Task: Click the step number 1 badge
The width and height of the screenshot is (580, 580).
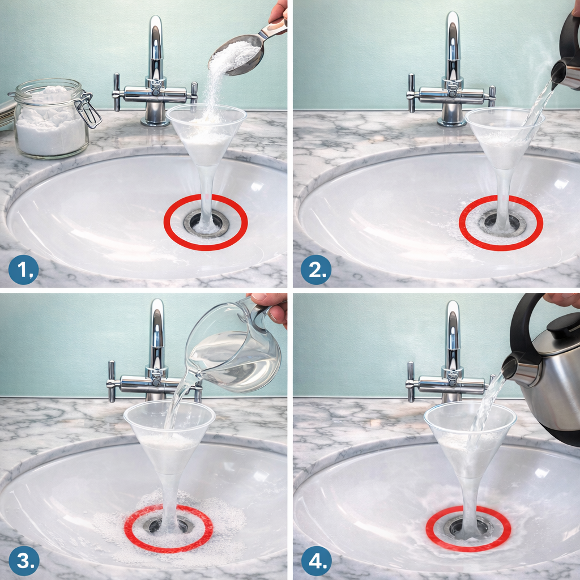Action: coord(23,270)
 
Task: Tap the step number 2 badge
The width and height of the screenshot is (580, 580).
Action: coord(316,270)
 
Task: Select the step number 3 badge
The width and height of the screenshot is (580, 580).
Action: coord(23,561)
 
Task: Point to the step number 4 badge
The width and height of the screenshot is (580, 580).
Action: coord(317,561)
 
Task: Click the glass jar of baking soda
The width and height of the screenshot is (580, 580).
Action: coord(52,118)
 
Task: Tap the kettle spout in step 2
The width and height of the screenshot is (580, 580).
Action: coord(560,74)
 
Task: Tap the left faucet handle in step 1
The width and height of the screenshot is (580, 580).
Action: coord(117,92)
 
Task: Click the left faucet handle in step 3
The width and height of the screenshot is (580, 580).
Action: coord(112,381)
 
